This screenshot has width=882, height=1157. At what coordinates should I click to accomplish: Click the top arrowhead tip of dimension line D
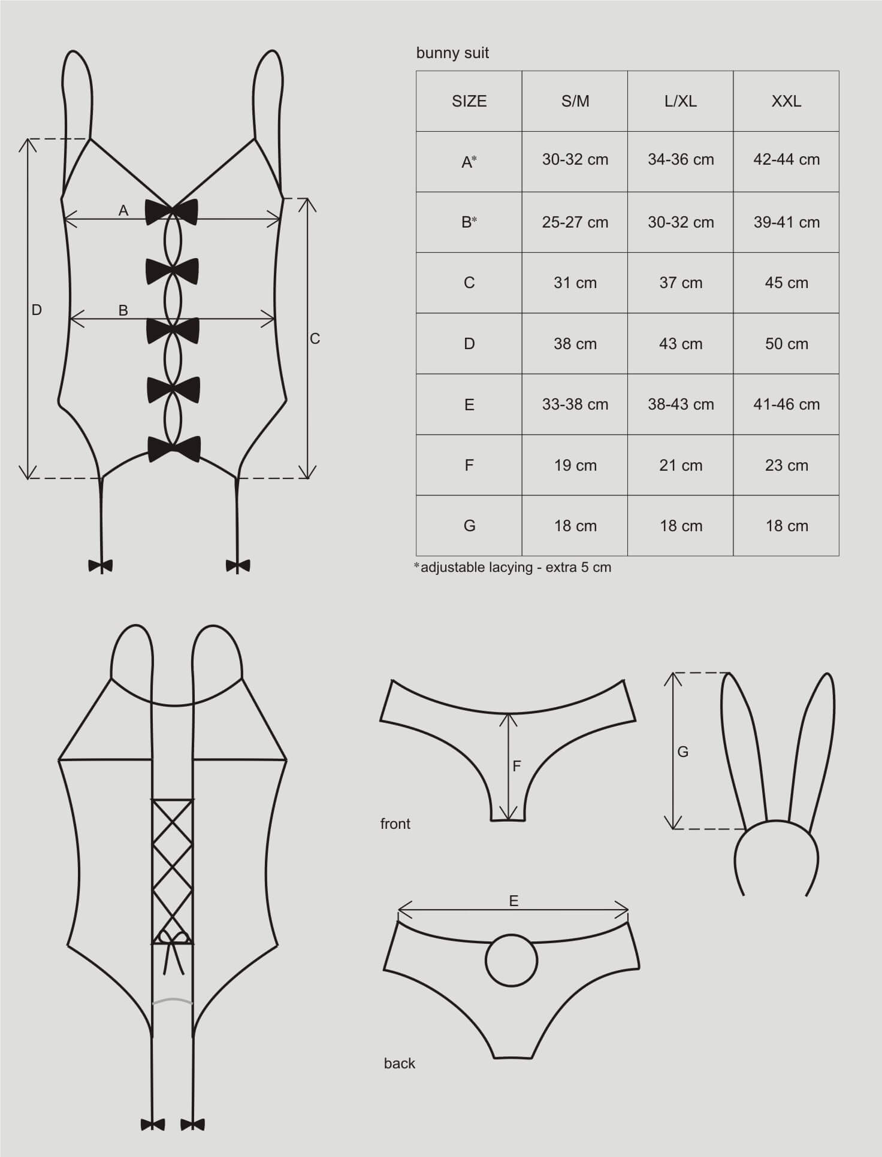[x=28, y=139]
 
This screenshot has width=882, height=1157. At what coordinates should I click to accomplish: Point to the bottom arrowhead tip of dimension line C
[x=307, y=478]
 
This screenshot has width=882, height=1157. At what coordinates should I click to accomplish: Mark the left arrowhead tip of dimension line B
[x=70, y=319]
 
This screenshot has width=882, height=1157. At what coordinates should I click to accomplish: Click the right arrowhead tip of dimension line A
[x=281, y=220]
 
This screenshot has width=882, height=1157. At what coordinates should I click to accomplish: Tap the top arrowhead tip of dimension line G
[x=673, y=673]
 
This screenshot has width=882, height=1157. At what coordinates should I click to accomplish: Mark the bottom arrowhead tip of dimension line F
[x=508, y=820]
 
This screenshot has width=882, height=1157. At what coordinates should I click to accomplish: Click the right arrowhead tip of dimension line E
[x=629, y=910]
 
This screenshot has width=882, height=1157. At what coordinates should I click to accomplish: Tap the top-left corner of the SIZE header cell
[x=416, y=71]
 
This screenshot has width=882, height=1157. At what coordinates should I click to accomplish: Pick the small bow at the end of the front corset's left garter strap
[x=100, y=565]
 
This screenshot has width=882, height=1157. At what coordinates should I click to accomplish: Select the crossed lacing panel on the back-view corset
[x=173, y=872]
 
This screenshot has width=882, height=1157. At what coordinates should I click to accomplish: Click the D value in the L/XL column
[x=681, y=344]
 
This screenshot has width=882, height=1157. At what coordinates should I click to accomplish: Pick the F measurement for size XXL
[x=786, y=465]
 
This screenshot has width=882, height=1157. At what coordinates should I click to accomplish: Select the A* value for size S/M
[x=575, y=159]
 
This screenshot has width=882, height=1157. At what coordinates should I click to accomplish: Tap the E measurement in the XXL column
[x=786, y=404]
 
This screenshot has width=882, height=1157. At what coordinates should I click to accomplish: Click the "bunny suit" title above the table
[x=452, y=53]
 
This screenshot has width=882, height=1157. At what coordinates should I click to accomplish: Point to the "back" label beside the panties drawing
[x=400, y=1063]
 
